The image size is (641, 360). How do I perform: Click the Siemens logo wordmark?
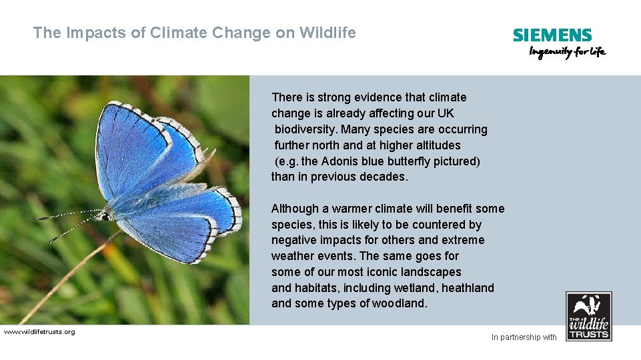point(552,35)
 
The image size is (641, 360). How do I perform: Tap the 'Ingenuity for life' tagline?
point(567,53)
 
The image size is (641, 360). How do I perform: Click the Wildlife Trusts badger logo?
point(588,316)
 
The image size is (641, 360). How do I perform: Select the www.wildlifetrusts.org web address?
point(39,332)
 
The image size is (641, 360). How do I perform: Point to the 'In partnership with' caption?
point(524,337)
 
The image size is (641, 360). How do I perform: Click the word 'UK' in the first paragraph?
point(446,113)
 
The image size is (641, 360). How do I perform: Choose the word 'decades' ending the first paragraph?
point(382,177)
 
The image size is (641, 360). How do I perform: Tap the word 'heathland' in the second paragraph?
point(468,288)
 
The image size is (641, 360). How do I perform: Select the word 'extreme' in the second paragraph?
point(463,240)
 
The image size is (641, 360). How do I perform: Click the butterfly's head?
point(105,215)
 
